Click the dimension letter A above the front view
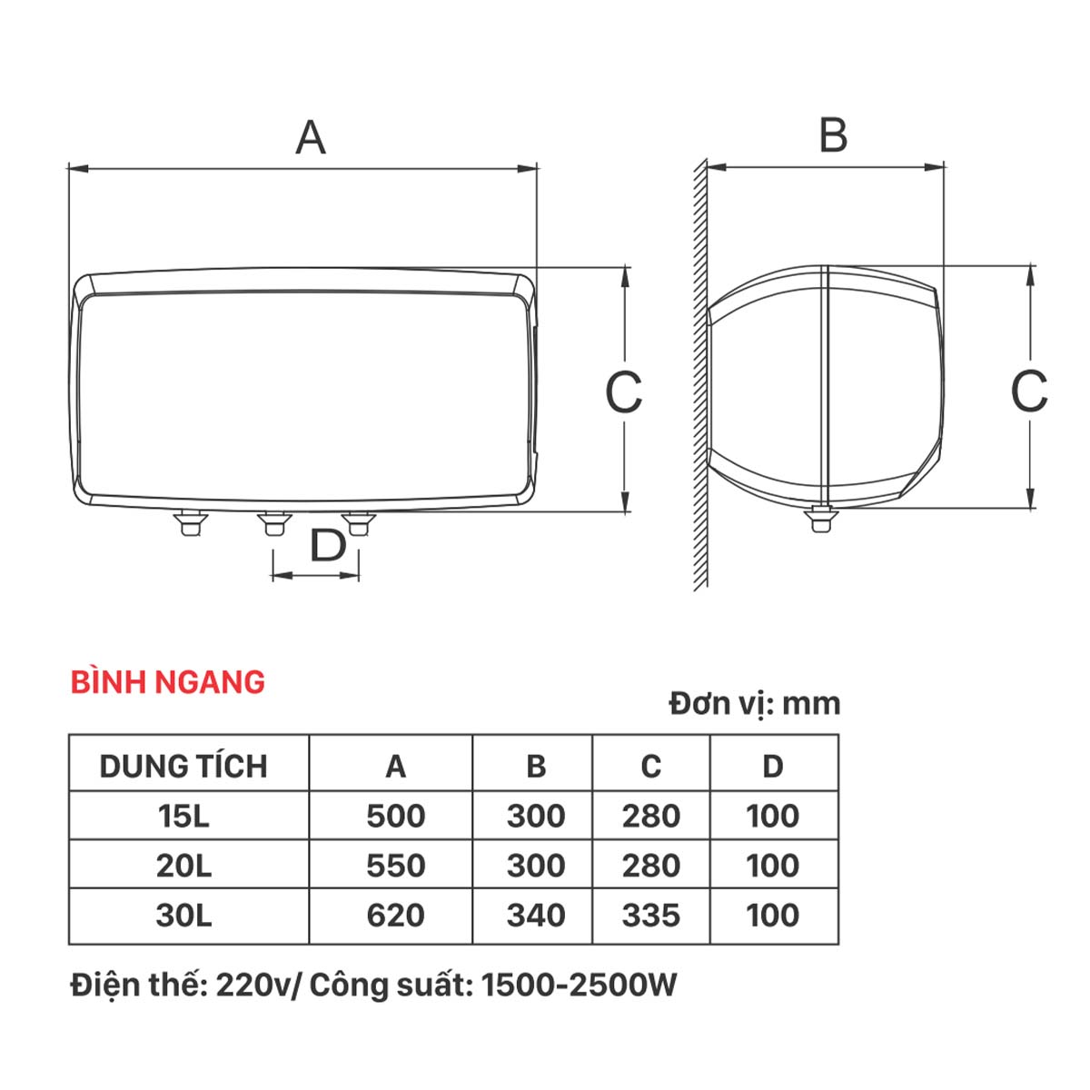click(311, 137)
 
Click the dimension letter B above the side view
click(833, 135)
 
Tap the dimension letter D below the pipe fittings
click(328, 545)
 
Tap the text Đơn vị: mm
click(755, 704)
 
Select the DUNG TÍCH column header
click(183, 766)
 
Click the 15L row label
click(183, 816)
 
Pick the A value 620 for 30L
click(395, 916)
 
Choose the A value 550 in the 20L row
click(395, 866)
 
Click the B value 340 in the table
click(536, 916)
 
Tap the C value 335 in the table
click(651, 916)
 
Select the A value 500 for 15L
click(395, 816)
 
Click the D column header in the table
click(773, 767)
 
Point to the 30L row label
click(183, 916)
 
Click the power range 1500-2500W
click(580, 986)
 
